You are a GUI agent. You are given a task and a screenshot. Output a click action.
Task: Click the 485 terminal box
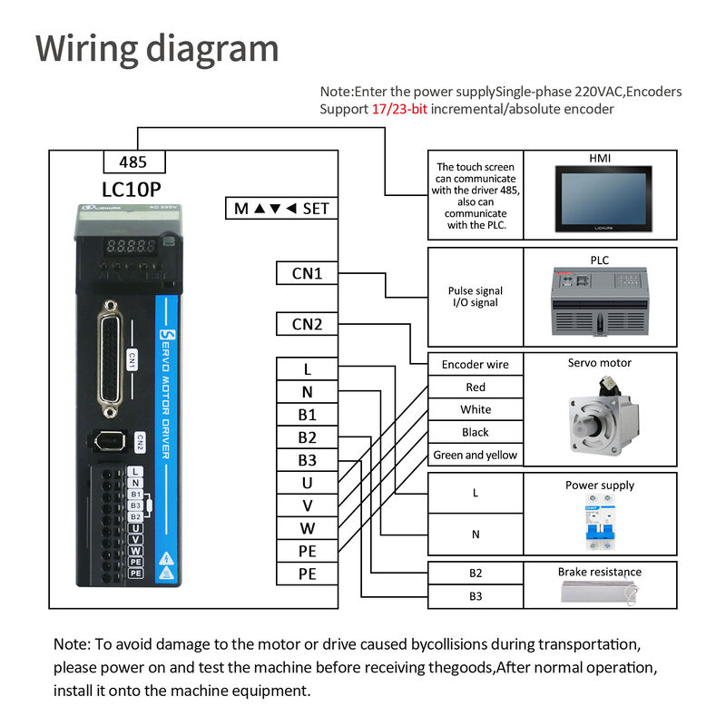tap(133, 162)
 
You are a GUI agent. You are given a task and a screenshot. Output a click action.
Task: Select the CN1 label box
tap(306, 273)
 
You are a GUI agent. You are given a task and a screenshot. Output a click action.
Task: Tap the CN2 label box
tap(306, 324)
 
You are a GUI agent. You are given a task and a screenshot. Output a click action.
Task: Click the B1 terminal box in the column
tap(307, 415)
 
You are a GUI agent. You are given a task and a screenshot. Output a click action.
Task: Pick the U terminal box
tap(307, 483)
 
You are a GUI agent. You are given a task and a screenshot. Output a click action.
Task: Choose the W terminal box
tap(307, 528)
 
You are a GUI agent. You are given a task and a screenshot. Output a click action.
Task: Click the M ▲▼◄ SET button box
tap(281, 209)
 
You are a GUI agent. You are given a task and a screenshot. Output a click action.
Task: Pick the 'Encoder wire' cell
tap(475, 365)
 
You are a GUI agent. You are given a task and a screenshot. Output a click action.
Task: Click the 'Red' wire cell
tap(475, 388)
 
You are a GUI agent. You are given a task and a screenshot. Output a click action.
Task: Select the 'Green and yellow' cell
tap(475, 456)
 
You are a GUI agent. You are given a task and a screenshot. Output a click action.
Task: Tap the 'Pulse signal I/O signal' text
tap(475, 297)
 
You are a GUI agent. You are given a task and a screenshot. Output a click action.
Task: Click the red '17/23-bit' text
tap(399, 109)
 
